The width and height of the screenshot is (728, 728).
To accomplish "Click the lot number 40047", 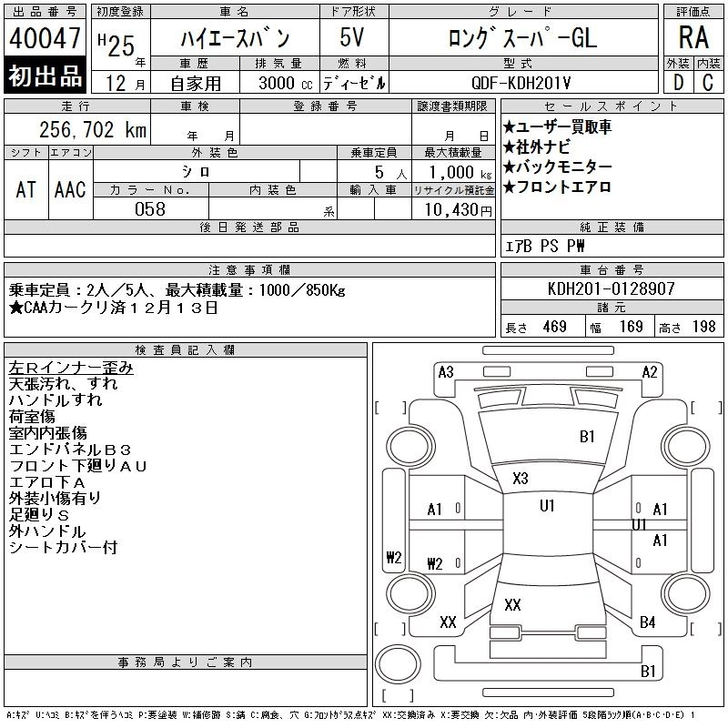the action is tap(45, 38).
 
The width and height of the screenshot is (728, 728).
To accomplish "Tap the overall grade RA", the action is tap(693, 37).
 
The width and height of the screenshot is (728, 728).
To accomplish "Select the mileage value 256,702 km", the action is tap(93, 129).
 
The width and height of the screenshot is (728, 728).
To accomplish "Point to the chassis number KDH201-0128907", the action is tap(611, 288).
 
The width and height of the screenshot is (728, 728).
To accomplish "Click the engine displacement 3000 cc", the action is tap(286, 83).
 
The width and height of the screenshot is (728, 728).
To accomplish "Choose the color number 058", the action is tap(150, 209).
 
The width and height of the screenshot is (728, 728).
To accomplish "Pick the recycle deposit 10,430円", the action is tap(459, 210).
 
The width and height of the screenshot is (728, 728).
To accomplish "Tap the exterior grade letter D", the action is tap(678, 83).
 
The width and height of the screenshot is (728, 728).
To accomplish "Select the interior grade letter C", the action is tap(708, 83).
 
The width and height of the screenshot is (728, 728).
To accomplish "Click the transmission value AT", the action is tap(26, 189).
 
